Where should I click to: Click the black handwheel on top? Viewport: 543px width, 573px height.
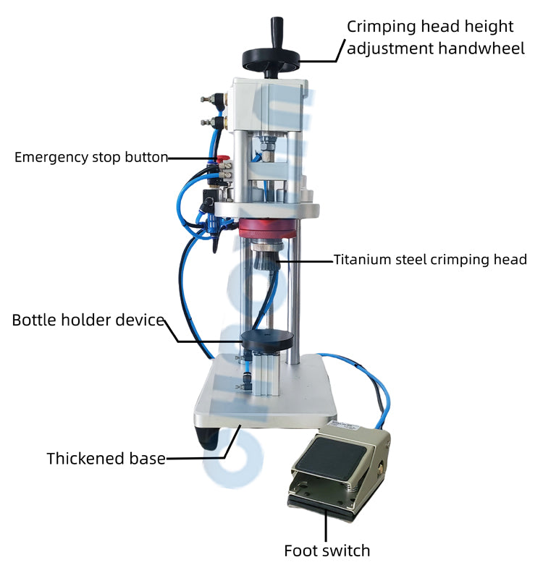(271, 57)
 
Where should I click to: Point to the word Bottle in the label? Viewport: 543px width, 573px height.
(36, 320)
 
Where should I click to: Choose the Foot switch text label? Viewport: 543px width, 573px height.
(327, 551)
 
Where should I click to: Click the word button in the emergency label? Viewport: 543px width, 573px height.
(148, 157)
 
